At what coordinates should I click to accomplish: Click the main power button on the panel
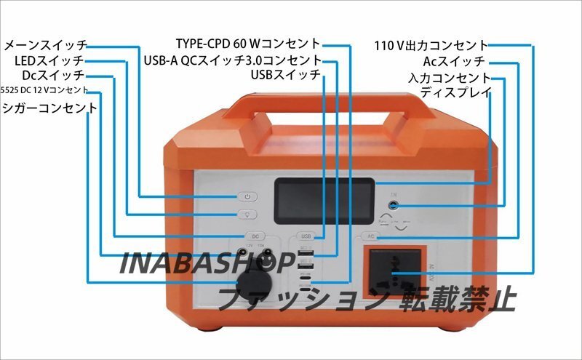click(247, 197)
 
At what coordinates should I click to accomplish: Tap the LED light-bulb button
click(247, 215)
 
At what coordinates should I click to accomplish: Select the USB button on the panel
click(306, 236)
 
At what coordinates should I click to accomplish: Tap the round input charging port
click(394, 206)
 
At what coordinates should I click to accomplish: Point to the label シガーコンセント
click(49, 108)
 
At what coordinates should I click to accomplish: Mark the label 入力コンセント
click(449, 77)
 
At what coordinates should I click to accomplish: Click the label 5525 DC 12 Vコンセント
click(45, 90)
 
